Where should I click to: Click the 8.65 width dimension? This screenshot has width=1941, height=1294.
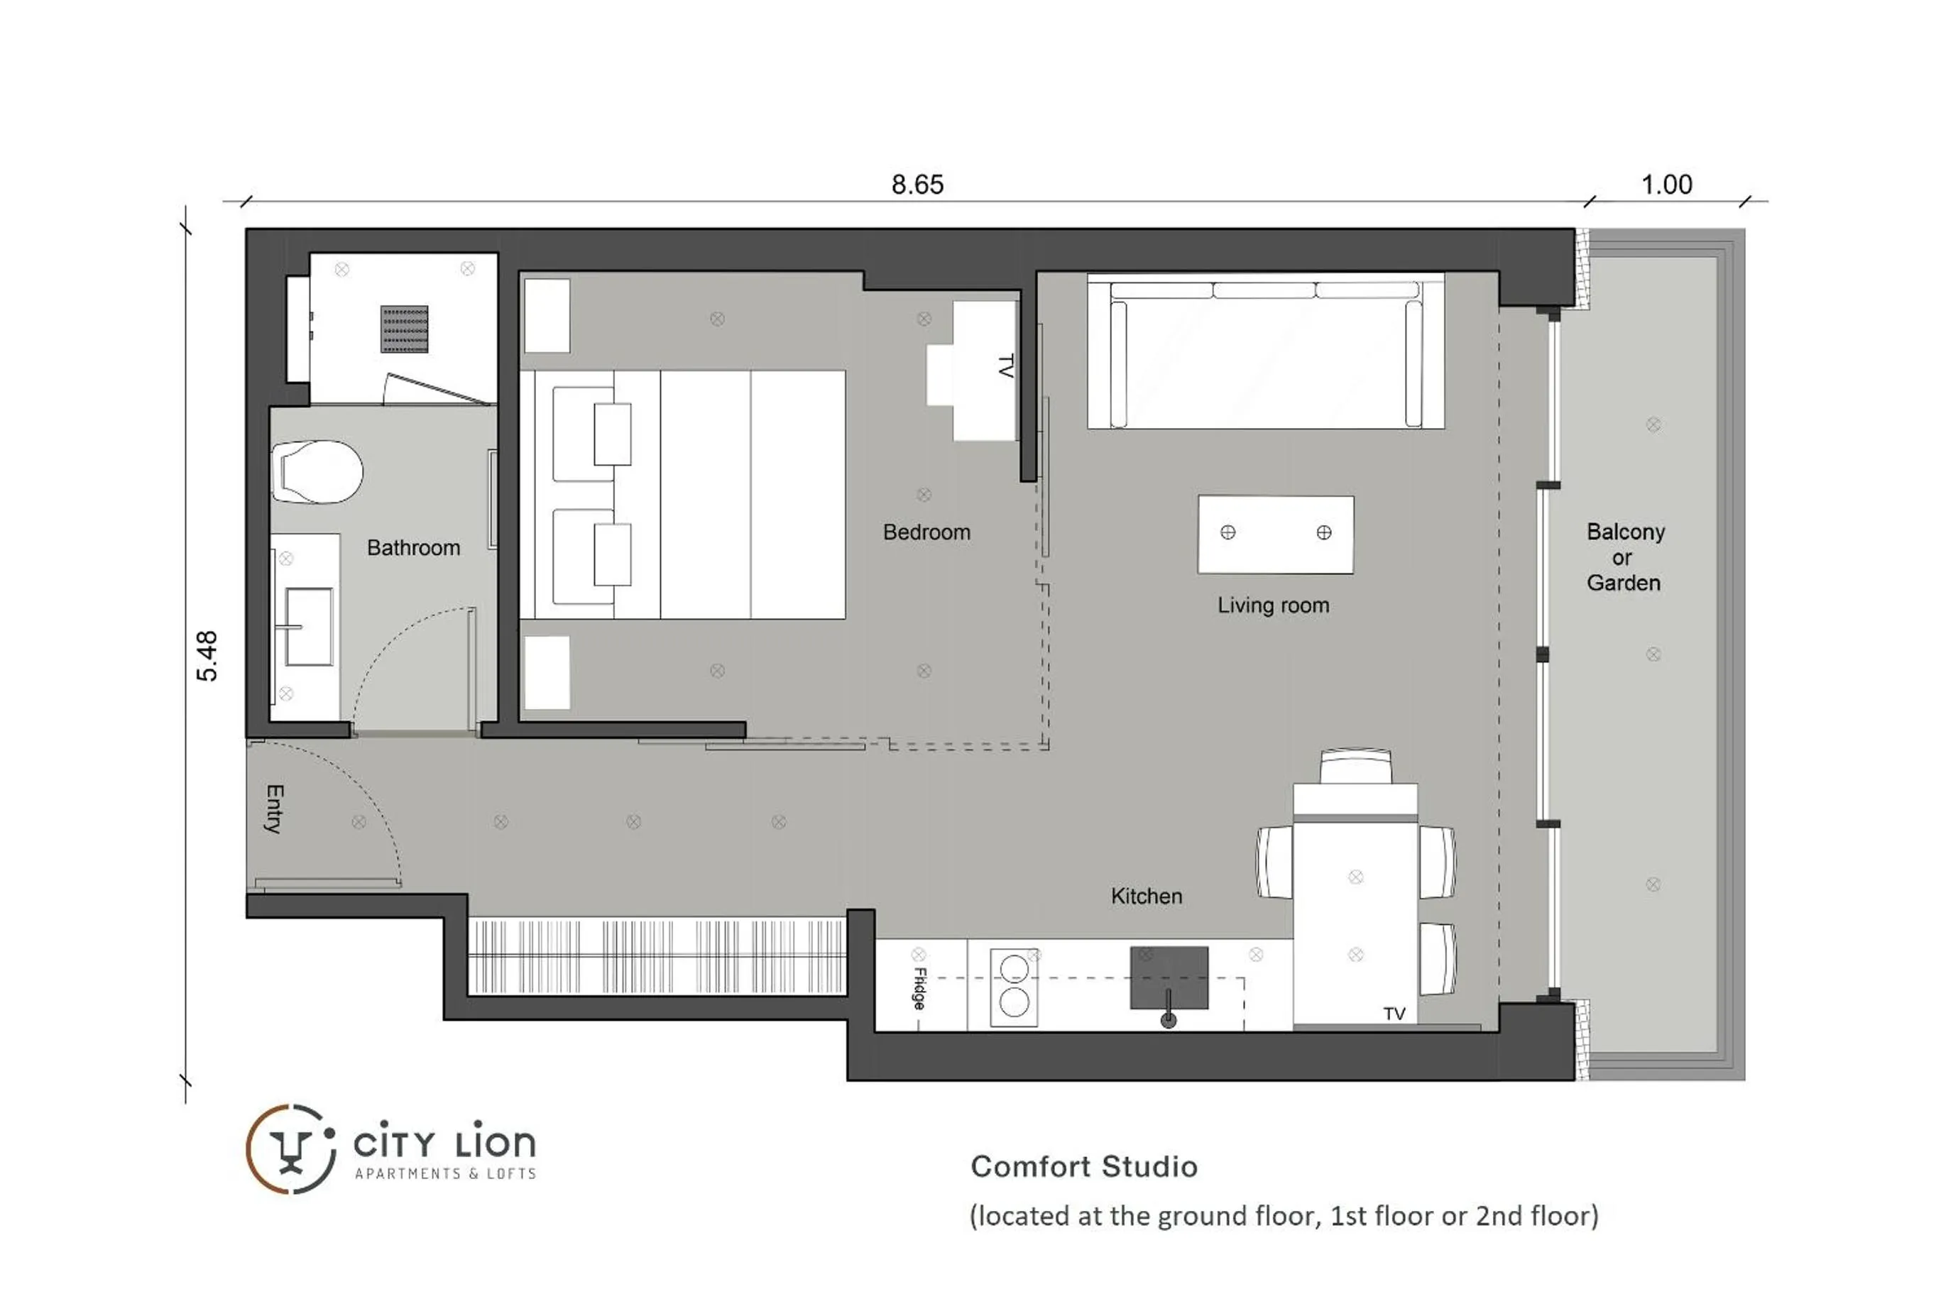(x=917, y=184)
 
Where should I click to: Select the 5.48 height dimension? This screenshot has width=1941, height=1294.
(x=207, y=656)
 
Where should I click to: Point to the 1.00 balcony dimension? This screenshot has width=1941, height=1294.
(x=1666, y=184)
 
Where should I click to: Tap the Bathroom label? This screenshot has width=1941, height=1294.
(x=412, y=548)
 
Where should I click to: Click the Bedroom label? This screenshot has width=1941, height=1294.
(x=926, y=532)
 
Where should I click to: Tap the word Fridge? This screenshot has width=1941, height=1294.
(x=919, y=988)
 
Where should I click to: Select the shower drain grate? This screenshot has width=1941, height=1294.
(x=405, y=329)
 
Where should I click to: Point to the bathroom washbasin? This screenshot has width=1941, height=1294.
(x=308, y=626)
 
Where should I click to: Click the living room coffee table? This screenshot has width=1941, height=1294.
(x=1275, y=534)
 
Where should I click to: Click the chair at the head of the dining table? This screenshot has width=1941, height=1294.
(x=1355, y=766)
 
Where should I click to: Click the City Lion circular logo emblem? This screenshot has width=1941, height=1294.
(x=290, y=1148)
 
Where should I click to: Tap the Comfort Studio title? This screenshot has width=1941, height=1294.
(x=1083, y=1167)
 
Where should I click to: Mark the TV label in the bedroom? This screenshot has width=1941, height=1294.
(x=1005, y=366)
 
